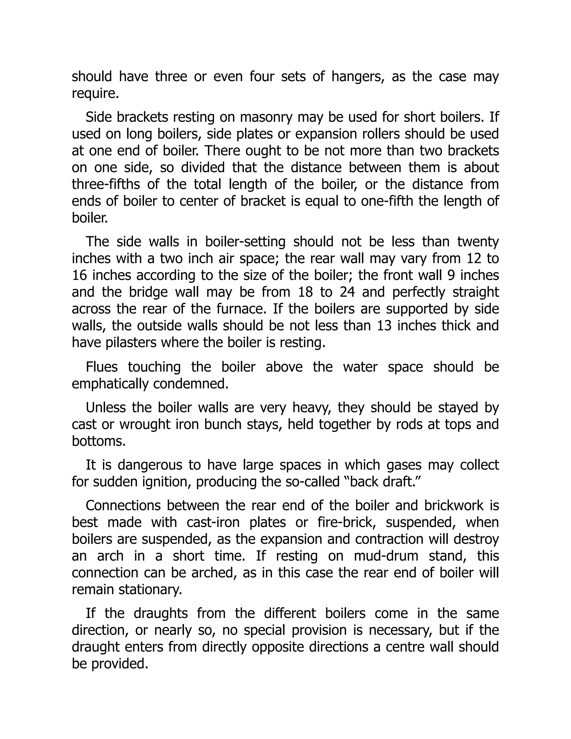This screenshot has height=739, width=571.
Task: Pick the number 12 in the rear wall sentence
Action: (x=474, y=259)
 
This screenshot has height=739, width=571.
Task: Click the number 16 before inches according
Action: (x=79, y=276)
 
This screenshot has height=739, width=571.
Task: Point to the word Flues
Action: (x=101, y=367)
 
